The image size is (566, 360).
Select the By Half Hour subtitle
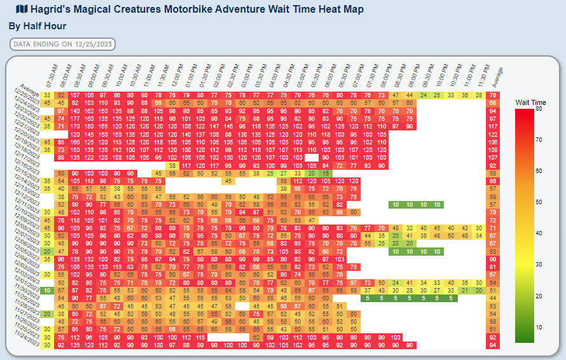(38, 26)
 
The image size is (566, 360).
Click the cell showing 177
(75, 118)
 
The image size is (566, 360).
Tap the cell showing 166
(75, 142)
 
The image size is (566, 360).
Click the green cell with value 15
(325, 173)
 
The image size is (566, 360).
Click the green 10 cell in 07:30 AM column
(47, 290)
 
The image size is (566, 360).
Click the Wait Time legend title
(530, 102)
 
